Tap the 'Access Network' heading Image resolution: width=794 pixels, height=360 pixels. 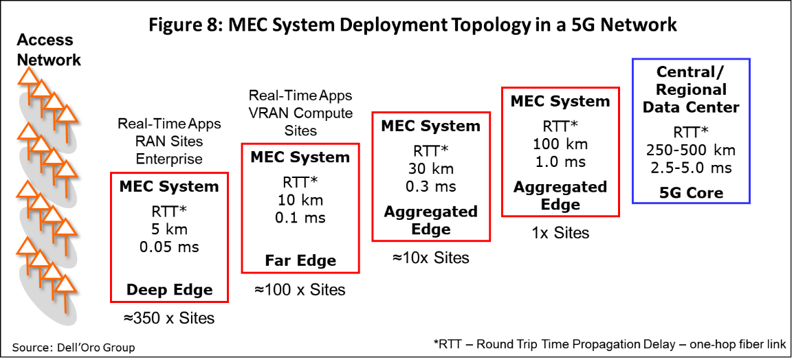pos(49,49)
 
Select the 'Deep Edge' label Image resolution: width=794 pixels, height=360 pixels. pos(169,290)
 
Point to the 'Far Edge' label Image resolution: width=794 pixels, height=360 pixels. pos(300,260)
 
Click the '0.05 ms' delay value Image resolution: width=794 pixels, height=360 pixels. pos(169,247)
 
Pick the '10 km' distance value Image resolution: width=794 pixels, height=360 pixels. pos(300,200)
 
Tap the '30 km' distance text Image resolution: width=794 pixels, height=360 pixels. pos(431,168)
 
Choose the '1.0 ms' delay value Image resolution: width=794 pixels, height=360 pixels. pos(560,162)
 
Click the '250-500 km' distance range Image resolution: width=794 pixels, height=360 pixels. pos(691,150)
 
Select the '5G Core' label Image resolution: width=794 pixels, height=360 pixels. pos(691,192)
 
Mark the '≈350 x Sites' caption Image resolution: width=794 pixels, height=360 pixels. pos(168,318)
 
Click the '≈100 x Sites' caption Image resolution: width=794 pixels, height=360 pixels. pos(300,290)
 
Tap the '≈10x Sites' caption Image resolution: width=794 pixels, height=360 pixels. pos(431,258)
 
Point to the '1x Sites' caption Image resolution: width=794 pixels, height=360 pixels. pos(560,232)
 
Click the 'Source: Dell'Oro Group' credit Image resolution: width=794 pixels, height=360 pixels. pos(74,348)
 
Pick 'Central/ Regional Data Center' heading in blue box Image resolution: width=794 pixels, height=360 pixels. pos(691,89)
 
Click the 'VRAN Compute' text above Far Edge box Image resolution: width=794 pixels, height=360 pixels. pos(300,113)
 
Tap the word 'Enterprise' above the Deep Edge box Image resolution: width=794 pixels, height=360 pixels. pos(169,159)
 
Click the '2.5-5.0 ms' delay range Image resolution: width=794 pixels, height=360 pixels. pos(691,168)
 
